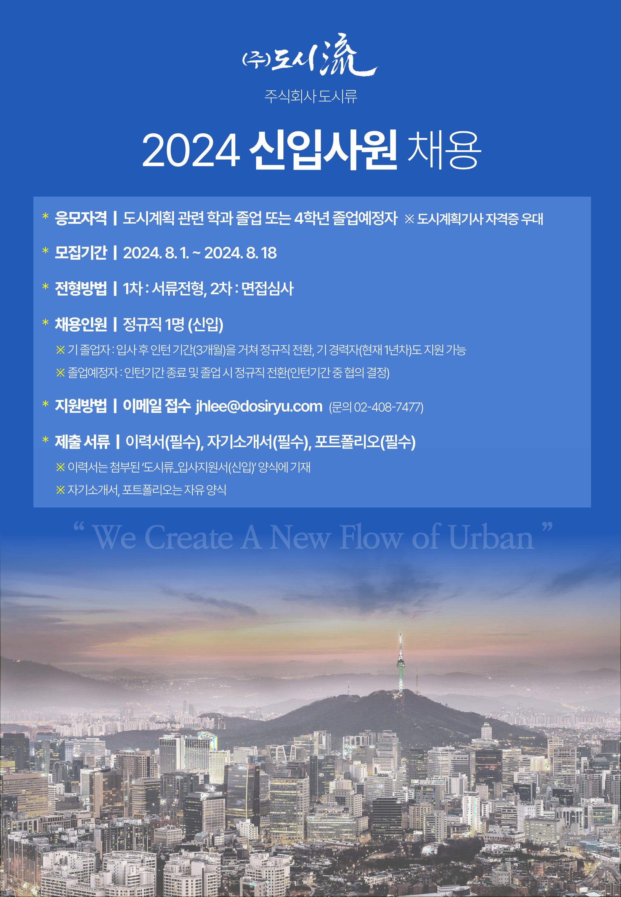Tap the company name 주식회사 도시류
[x=310, y=96]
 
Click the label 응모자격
[x=81, y=218]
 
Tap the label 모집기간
[x=81, y=253]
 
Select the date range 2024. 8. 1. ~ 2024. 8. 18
[x=200, y=253]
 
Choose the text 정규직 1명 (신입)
[x=173, y=324]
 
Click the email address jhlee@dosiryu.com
[x=259, y=406]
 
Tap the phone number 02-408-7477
[x=387, y=407]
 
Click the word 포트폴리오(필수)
[x=365, y=442]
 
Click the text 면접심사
[x=267, y=289]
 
